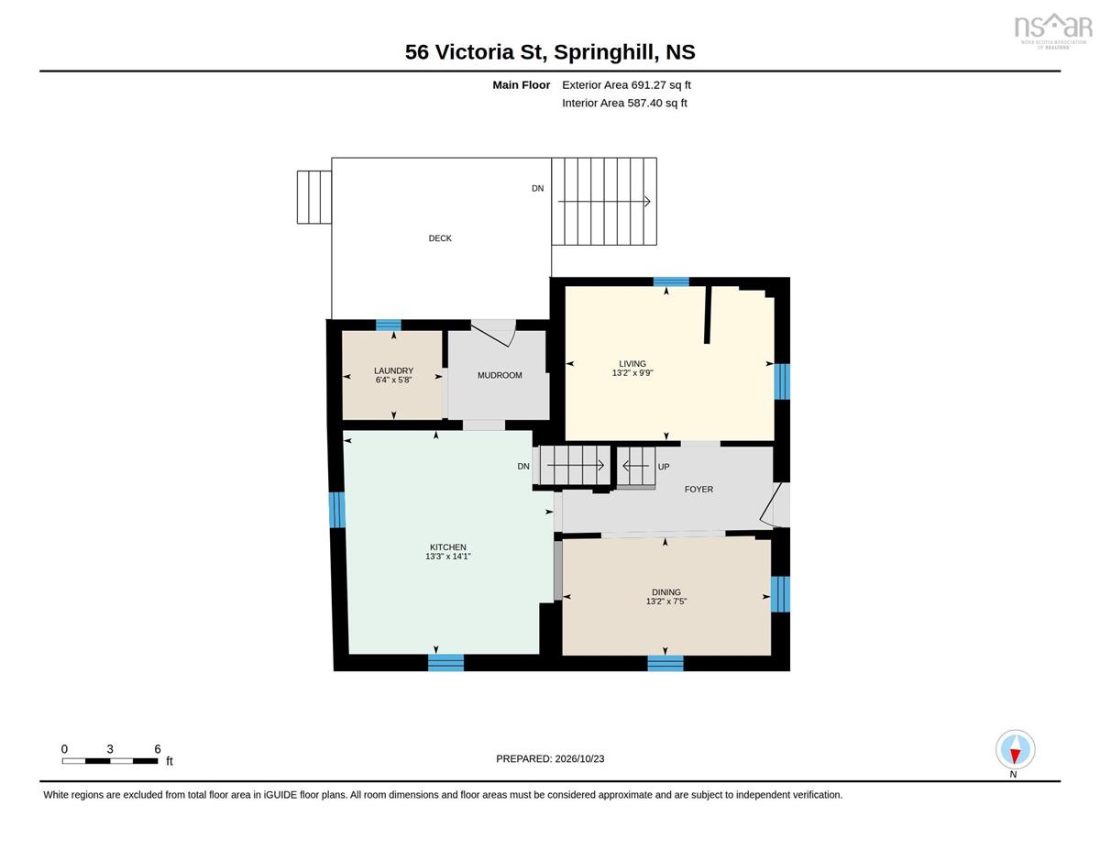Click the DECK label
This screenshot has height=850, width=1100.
(x=439, y=237)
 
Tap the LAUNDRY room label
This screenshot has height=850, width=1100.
(x=393, y=370)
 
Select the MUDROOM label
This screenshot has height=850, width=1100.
(x=500, y=375)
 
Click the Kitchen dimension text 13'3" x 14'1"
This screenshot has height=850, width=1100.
(x=448, y=557)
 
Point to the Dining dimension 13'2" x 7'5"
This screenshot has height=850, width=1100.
(x=666, y=602)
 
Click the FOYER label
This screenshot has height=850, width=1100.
(x=698, y=489)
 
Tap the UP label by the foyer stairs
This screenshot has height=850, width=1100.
(x=663, y=466)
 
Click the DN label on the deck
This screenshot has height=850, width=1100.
(x=537, y=188)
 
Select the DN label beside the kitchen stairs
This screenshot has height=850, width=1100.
(x=523, y=466)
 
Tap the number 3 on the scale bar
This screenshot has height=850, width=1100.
(x=110, y=749)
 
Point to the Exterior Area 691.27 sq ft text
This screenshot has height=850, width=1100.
(x=626, y=85)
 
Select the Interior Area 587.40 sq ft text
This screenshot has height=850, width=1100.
(x=624, y=104)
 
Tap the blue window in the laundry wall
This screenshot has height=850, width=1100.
(x=389, y=325)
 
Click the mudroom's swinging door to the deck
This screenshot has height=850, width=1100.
(x=493, y=333)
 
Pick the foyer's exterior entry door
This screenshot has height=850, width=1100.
(x=775, y=504)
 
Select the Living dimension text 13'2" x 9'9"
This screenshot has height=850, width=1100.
(x=632, y=372)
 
